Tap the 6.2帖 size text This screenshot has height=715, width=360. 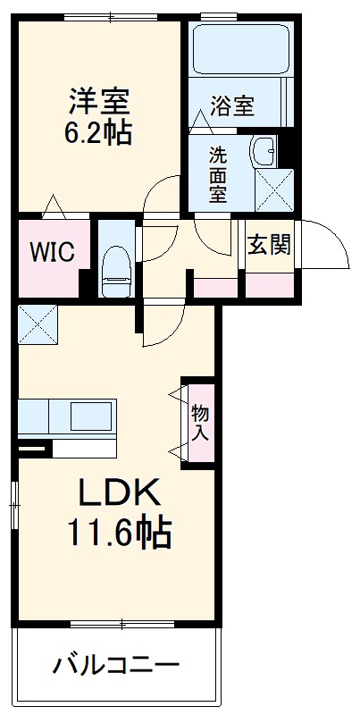[x=98, y=133]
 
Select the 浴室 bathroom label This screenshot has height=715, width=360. [x=232, y=106]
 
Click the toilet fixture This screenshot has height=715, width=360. [x=114, y=268]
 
